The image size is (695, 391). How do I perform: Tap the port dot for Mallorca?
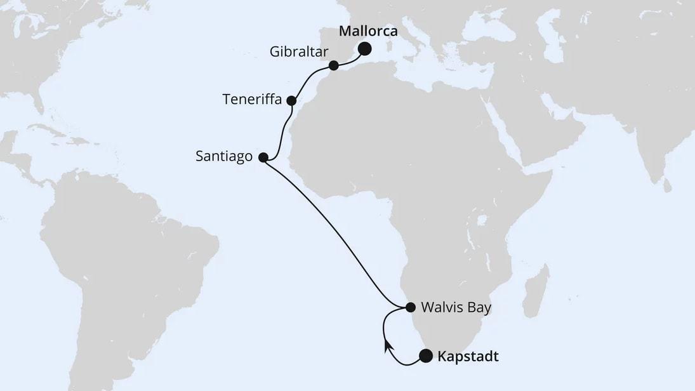tap(365, 49)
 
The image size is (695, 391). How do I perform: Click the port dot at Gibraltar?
tap(334, 65)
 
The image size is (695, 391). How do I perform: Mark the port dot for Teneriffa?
tap(291, 100)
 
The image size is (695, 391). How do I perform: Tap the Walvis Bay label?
tap(456, 308)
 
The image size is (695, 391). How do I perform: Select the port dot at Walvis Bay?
tap(410, 307)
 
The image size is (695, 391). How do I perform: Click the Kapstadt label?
tap(468, 357)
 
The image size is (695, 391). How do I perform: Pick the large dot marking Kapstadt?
tap(425, 356)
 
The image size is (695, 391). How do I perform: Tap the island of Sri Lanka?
tap(665, 185)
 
